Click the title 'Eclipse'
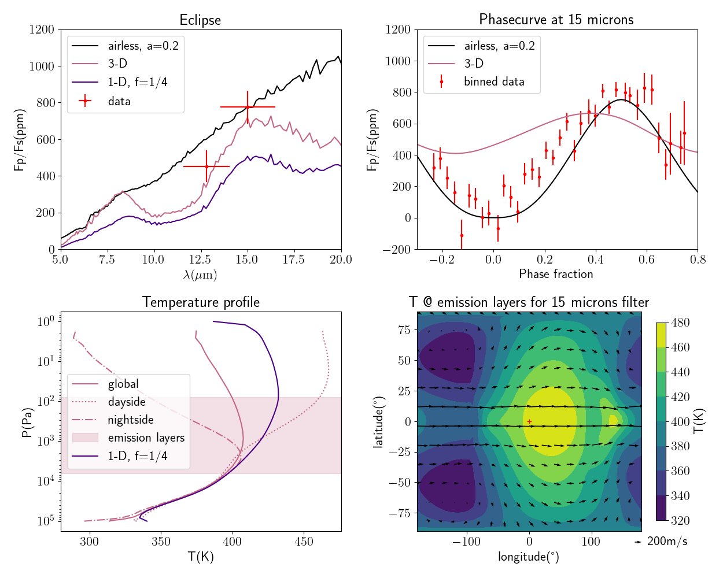200,20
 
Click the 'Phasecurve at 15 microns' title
556,20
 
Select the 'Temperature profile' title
201,302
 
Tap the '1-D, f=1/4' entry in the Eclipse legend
137,82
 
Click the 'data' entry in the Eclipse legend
119,101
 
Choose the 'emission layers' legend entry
146,438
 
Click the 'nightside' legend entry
131,420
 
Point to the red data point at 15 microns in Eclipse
248,107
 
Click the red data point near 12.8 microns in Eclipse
206,166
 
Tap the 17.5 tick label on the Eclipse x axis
294,260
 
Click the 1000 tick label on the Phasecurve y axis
398,61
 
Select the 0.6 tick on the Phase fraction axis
647,260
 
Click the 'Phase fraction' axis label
556,274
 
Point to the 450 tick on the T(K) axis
304,542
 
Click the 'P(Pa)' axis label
27,422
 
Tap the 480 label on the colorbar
680,323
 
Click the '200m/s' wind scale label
667,542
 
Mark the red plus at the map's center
529,422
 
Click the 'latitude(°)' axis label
379,422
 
